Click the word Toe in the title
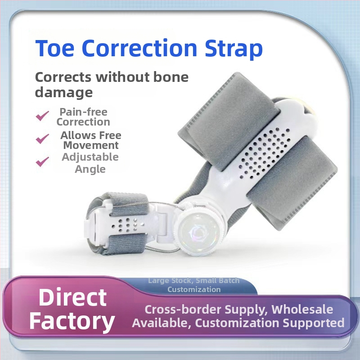point(55,48)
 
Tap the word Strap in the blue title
point(234,49)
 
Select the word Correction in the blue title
point(139,48)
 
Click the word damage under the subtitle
point(64,93)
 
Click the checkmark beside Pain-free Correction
point(42,116)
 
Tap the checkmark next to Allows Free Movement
point(42,139)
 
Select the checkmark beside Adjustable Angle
point(42,162)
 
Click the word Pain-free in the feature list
point(83,112)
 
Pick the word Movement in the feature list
point(91,145)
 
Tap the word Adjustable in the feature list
point(90,157)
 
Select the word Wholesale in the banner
point(302,309)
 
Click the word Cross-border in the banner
point(183,310)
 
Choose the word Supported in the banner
point(313,323)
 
